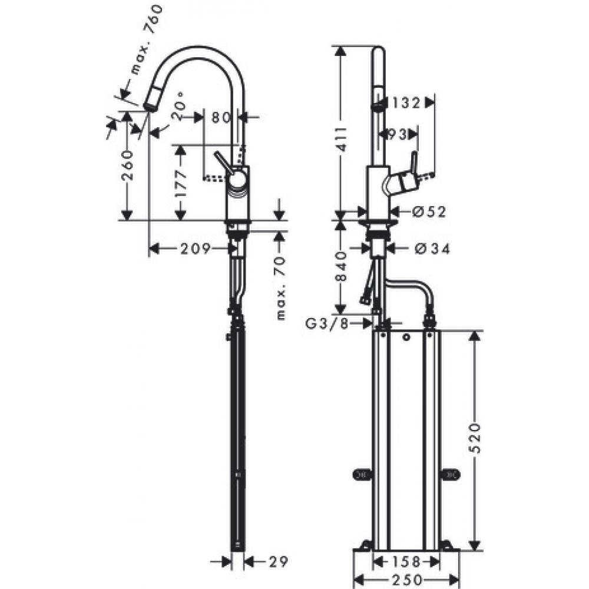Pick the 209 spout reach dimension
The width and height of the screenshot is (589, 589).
[x=195, y=249]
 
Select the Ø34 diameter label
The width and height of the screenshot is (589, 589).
[x=432, y=250]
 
